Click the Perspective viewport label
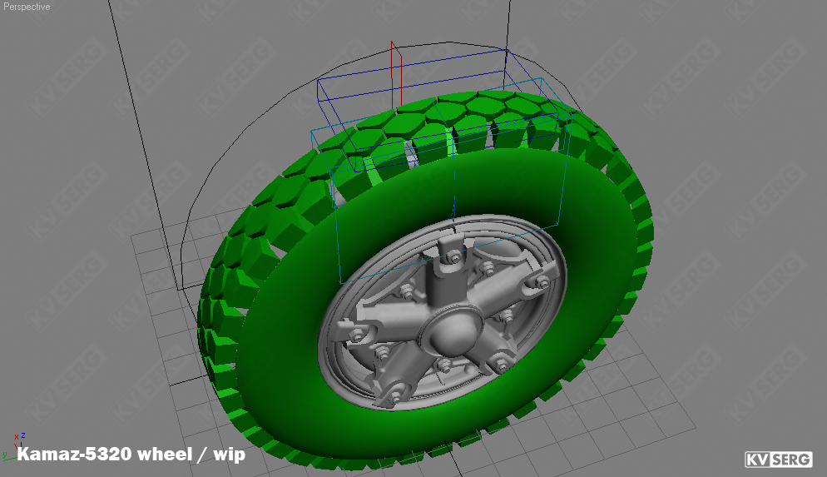tap(27, 7)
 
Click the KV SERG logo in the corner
tap(778, 459)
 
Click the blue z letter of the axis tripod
tap(22, 435)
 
